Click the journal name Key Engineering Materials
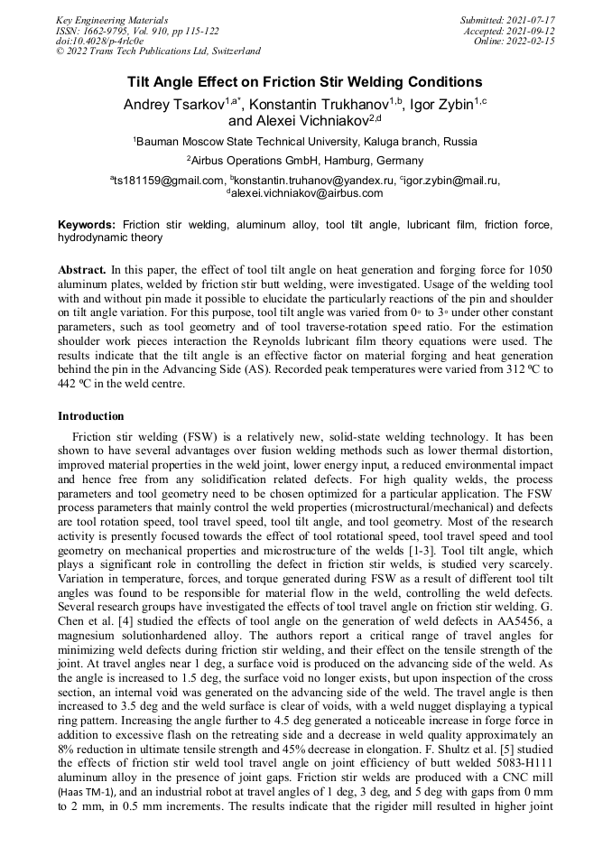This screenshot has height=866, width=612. click(111, 19)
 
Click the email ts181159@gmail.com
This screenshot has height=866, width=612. click(169, 181)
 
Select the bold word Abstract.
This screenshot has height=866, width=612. click(82, 270)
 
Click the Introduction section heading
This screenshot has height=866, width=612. click(91, 416)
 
